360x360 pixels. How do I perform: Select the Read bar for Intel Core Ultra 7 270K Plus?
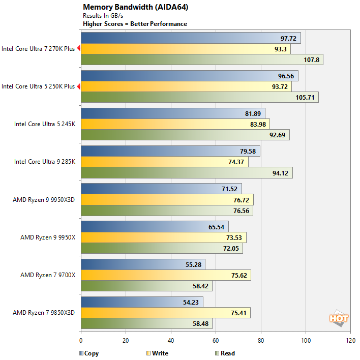tap(201, 60)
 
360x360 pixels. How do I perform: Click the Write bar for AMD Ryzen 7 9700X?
tap(165, 275)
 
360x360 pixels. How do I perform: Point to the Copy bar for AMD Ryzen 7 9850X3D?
tap(141, 302)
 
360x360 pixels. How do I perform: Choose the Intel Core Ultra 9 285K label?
tap(45, 162)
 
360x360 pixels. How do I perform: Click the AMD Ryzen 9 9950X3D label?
tap(44, 199)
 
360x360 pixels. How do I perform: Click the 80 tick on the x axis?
tap(260, 341)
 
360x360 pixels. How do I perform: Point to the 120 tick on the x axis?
tap(350, 341)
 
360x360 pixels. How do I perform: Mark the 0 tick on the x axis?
tap(81, 341)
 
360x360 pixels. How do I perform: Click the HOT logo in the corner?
tap(339, 318)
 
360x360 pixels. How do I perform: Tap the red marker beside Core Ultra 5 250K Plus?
tap(79, 86)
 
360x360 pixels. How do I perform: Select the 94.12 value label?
tap(280, 173)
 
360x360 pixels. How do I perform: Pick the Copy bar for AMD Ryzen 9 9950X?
tap(155, 226)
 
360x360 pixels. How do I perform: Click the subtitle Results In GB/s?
tap(103, 16)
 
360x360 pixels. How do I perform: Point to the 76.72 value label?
tap(241, 199)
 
